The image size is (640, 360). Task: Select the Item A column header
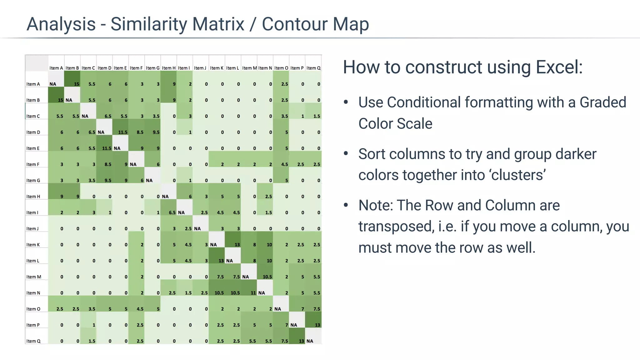pyautogui.click(x=56, y=68)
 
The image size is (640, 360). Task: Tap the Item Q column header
pyautogui.click(x=313, y=68)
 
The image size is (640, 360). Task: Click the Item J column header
pyautogui.click(x=200, y=68)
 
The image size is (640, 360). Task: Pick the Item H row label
pyautogui.click(x=33, y=196)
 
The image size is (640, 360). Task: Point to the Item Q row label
pyautogui.click(x=33, y=341)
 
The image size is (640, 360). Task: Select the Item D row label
pyautogui.click(x=33, y=132)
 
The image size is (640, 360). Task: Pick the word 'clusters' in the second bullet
pyautogui.click(x=518, y=175)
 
